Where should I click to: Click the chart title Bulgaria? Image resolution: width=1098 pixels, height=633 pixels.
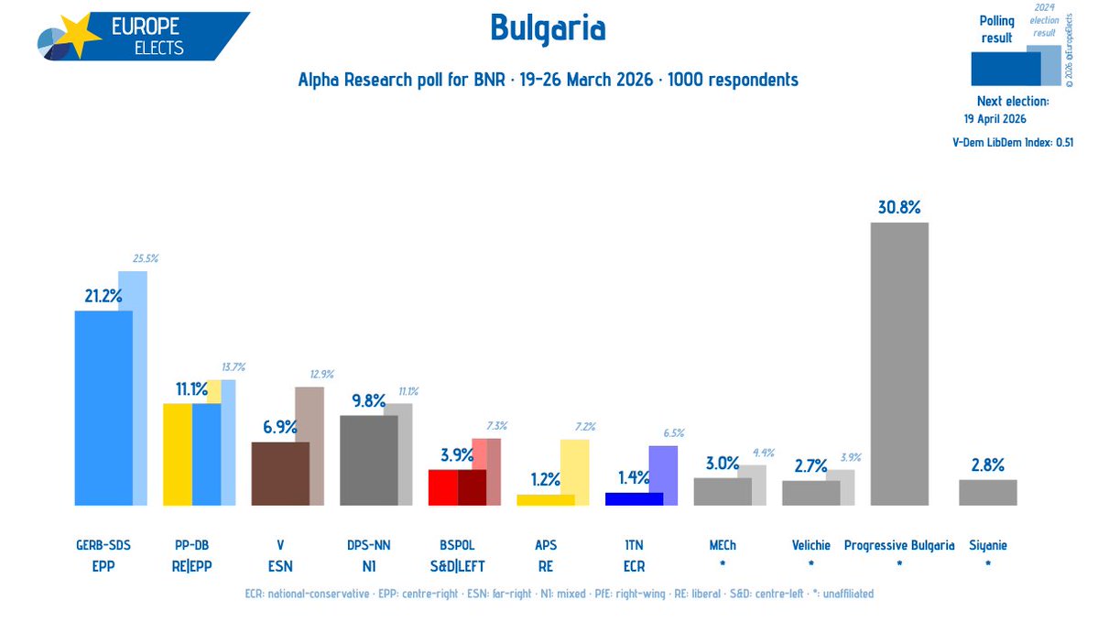(x=548, y=28)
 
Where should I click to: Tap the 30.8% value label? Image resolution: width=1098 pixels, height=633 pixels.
(x=898, y=207)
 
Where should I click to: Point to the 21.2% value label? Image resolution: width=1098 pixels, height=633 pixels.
(x=102, y=296)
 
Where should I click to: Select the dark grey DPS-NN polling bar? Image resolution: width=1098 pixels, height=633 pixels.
(x=368, y=460)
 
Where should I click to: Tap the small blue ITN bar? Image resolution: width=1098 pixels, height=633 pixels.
(x=634, y=498)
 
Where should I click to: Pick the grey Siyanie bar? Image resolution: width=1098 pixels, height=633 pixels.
(x=987, y=492)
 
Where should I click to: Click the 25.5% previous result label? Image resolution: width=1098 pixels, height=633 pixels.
(x=145, y=259)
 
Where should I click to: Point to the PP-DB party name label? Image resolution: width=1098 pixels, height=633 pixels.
(x=191, y=545)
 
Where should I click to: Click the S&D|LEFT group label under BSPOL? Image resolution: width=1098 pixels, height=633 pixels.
(x=457, y=567)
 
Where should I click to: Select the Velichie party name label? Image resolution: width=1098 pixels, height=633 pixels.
(x=810, y=545)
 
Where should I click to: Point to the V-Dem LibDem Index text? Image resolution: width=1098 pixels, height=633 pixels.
(x=1012, y=142)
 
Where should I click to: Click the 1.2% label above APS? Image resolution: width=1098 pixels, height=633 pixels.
(x=545, y=478)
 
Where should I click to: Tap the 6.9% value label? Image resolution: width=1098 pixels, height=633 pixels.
(x=279, y=426)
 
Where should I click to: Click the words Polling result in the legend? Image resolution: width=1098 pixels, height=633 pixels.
(x=996, y=29)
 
